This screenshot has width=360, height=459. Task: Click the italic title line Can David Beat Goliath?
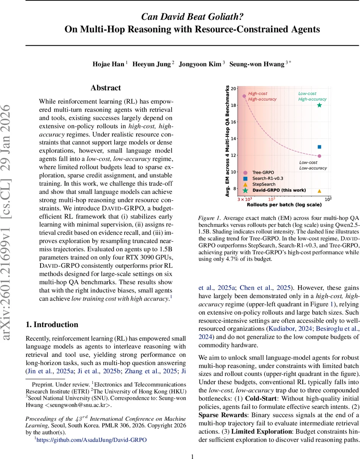click(192, 17)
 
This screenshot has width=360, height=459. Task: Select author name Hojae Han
click(108, 64)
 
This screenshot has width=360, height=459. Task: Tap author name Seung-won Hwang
click(256, 64)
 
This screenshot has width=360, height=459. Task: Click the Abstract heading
click(105, 88)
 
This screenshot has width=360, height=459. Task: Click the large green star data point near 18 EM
click(319, 105)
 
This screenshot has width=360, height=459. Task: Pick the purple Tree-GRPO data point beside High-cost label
click(244, 96)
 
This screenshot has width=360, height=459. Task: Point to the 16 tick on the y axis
click(234, 122)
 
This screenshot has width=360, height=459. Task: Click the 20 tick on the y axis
click(234, 89)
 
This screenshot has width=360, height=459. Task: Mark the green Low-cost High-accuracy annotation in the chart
click(312, 96)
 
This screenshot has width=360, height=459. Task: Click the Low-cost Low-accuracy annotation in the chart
click(313, 165)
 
